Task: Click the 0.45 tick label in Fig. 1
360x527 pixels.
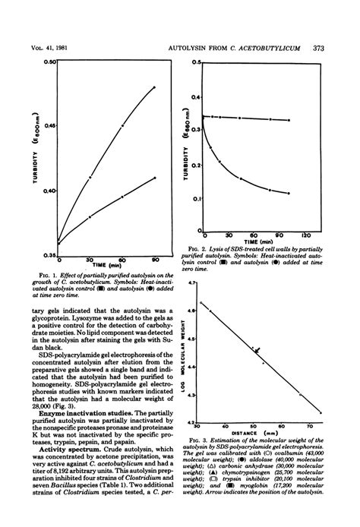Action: coord(50,125)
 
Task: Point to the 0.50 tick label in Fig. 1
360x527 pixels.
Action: coord(50,62)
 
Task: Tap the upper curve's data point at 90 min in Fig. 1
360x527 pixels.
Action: coord(154,87)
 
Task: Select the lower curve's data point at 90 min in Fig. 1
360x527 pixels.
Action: coord(154,178)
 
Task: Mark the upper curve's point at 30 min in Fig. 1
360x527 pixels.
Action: coord(90,178)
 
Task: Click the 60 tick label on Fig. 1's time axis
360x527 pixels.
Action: coord(122,260)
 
